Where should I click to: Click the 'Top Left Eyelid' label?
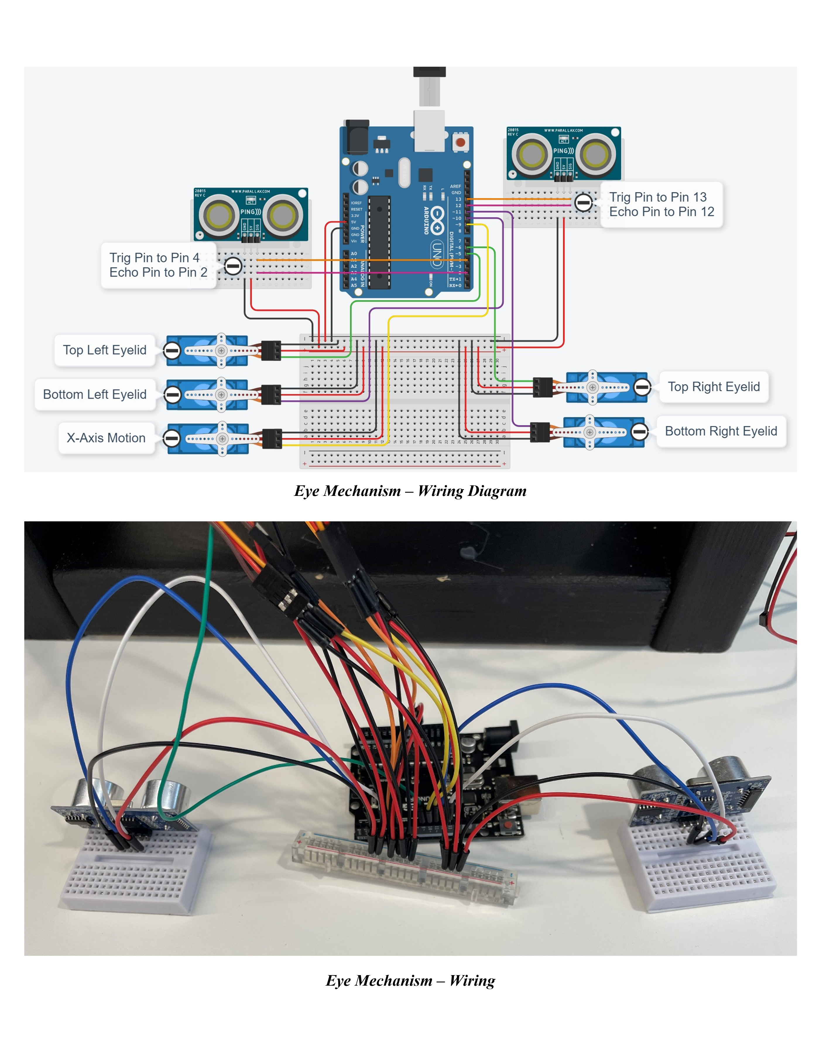(x=104, y=350)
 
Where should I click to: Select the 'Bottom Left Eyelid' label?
(x=95, y=394)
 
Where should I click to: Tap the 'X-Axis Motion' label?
(x=106, y=438)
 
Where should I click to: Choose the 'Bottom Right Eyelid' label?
(x=721, y=431)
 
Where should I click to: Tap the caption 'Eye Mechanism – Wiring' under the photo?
(x=410, y=981)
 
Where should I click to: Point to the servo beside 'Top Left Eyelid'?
(x=214, y=350)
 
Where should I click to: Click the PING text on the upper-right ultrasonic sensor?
(x=563, y=151)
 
